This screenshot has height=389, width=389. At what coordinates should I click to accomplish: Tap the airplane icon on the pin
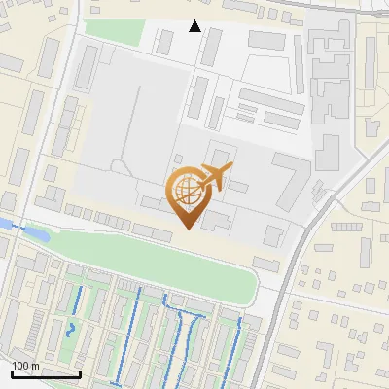(x=213, y=176)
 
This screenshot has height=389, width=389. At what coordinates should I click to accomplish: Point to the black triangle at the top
(x=194, y=26)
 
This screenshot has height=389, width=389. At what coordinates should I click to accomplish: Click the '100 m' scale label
(x=26, y=365)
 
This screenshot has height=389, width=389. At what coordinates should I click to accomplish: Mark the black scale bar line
(x=46, y=374)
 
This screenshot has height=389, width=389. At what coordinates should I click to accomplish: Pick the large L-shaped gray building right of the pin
(x=292, y=180)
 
